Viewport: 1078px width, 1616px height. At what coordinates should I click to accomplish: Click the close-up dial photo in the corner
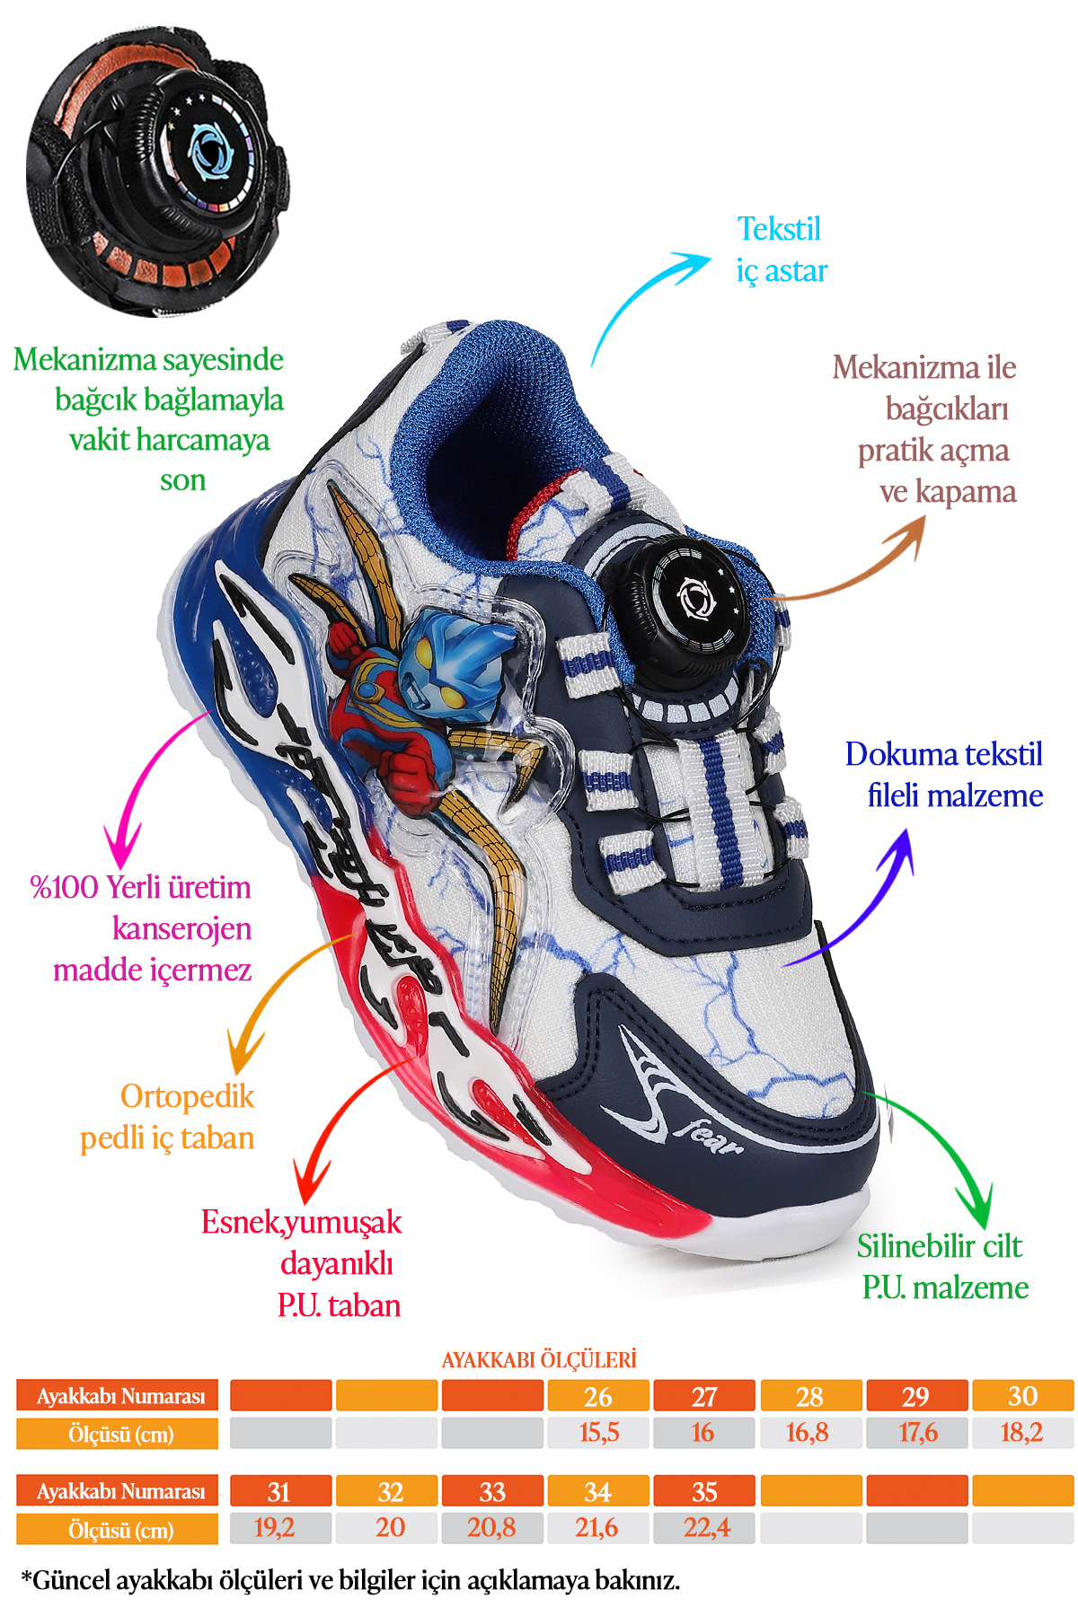tap(158, 171)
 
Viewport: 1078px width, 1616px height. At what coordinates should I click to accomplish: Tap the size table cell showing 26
tap(598, 1395)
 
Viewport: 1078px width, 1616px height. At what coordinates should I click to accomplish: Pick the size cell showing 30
tap(1022, 1395)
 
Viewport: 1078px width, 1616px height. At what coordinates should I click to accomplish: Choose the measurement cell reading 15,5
tap(598, 1432)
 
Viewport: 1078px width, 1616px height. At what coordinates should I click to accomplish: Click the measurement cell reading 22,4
tap(705, 1527)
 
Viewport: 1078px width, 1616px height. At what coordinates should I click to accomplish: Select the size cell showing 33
tap(492, 1491)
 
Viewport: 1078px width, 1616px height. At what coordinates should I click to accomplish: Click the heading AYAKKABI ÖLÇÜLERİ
tap(539, 1359)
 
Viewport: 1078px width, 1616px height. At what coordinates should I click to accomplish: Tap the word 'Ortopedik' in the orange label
tap(188, 1096)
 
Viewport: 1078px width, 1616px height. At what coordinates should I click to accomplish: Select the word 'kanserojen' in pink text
tap(182, 928)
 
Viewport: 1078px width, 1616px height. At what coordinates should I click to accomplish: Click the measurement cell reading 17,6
tap(917, 1432)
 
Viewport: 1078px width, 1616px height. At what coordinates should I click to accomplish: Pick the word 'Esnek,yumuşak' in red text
tap(301, 1223)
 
